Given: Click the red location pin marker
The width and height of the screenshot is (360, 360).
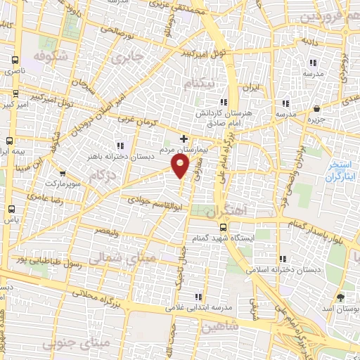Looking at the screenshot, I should tap(181, 166).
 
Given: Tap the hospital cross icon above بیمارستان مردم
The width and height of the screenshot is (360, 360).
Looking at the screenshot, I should tap(184, 139).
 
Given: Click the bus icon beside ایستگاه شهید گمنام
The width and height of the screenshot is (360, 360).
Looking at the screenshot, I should tap(224, 227).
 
